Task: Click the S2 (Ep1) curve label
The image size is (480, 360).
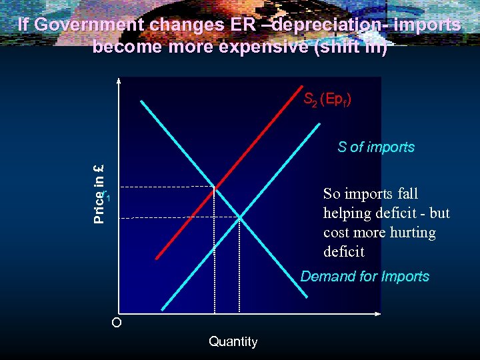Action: click(327, 100)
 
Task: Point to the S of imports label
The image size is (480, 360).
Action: click(376, 147)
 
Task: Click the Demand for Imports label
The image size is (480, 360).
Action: click(365, 276)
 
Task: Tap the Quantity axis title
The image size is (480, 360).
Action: click(233, 341)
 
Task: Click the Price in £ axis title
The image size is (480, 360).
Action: click(99, 193)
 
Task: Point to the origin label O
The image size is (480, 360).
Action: click(117, 323)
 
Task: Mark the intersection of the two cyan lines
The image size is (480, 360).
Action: click(239, 217)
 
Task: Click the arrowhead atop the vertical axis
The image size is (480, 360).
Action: click(119, 82)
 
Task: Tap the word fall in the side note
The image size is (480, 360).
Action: click(407, 194)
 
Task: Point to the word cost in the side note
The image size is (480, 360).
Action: click(337, 233)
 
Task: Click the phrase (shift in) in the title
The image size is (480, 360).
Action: click(354, 47)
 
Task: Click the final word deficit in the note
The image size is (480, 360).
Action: click(343, 252)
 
